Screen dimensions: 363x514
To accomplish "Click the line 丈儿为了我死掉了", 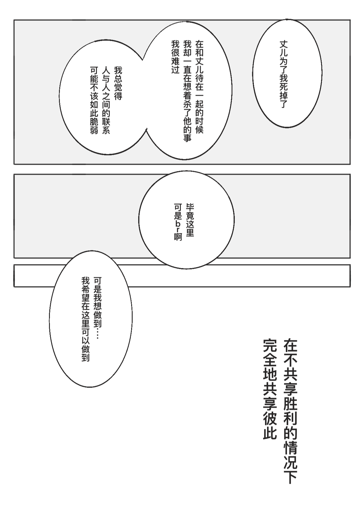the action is (283, 74).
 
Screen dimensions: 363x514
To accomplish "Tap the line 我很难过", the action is (175, 57).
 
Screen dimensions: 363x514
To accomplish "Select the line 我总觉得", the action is (118, 83).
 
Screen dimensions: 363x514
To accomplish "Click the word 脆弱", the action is (94, 126).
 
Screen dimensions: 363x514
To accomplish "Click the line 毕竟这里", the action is (190, 220).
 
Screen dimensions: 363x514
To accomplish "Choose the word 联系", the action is (106, 126).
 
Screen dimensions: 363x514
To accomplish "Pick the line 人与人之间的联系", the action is (106, 101).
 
